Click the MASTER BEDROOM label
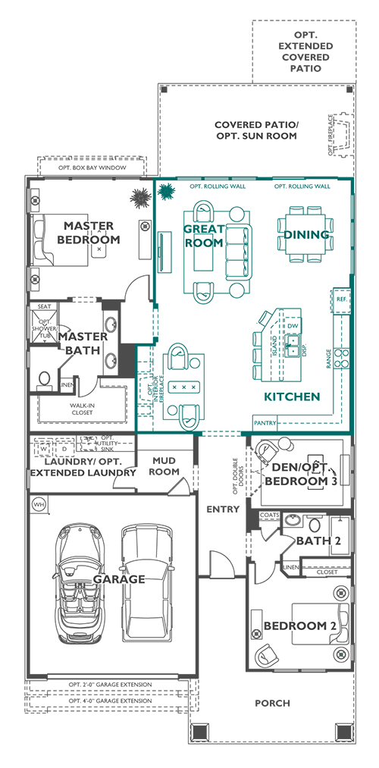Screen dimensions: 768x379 89,233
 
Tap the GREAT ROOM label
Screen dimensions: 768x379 204,236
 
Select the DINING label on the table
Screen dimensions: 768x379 307,234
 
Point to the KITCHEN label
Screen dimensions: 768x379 291,397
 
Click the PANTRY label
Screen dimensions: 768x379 265,422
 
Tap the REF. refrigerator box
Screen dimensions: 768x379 341,300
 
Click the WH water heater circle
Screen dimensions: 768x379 38,503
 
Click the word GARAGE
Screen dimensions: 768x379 118,579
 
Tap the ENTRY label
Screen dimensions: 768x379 223,509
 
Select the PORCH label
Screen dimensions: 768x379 272,703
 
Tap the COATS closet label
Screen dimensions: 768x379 269,515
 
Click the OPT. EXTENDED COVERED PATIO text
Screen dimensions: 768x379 305,52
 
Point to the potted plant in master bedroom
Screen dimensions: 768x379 140,198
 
